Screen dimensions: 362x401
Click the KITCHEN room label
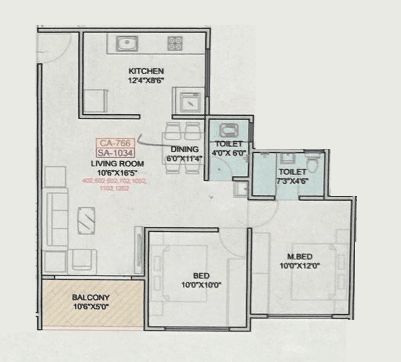(x=146, y=71)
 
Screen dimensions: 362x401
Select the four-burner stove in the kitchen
(x=175, y=43)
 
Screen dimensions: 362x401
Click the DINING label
(x=185, y=149)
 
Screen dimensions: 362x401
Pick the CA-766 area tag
(x=114, y=143)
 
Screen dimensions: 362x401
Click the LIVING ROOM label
(x=117, y=164)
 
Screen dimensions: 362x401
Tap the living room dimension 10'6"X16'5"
(x=117, y=172)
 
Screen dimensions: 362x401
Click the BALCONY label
(x=91, y=297)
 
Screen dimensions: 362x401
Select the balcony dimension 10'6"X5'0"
(x=91, y=307)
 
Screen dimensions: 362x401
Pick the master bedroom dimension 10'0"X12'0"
(x=300, y=265)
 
